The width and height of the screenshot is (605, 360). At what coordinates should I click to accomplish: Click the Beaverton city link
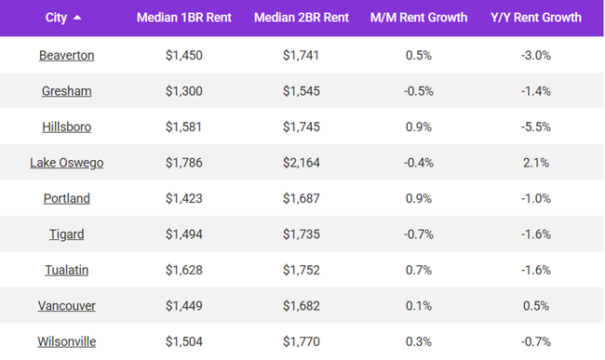pyautogui.click(x=66, y=56)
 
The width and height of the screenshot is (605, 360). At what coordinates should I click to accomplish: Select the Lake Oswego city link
pyautogui.click(x=66, y=163)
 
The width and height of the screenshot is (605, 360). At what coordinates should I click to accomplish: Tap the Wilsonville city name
pyautogui.click(x=66, y=341)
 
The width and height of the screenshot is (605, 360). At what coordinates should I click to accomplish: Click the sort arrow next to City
pyautogui.click(x=76, y=18)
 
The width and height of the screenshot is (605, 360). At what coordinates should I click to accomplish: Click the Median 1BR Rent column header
pyautogui.click(x=182, y=18)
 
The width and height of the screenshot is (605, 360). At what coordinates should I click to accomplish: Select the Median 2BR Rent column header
pyautogui.click(x=302, y=18)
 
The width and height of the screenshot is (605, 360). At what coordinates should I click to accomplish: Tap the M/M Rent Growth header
pyautogui.click(x=420, y=18)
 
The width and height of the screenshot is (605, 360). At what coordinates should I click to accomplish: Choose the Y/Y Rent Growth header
pyautogui.click(x=535, y=18)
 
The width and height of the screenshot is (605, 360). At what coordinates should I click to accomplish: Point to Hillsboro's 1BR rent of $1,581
pyautogui.click(x=182, y=127)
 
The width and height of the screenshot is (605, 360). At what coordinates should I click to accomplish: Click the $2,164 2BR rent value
pyautogui.click(x=302, y=163)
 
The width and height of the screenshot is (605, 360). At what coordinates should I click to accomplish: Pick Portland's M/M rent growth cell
pyautogui.click(x=420, y=198)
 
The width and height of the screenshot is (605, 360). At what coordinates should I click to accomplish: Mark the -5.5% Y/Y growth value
pyautogui.click(x=535, y=127)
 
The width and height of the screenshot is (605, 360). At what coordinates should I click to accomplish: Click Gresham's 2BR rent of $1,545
pyautogui.click(x=302, y=91)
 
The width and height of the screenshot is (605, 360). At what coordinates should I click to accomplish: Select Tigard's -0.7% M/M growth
pyautogui.click(x=420, y=234)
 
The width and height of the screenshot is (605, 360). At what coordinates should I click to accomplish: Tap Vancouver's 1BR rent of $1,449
pyautogui.click(x=182, y=306)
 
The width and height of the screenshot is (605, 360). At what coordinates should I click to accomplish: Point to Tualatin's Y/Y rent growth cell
pyautogui.click(x=535, y=270)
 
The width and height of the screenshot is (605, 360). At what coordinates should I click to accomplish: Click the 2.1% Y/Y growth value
pyautogui.click(x=535, y=163)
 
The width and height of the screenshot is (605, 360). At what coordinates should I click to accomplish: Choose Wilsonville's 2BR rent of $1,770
pyautogui.click(x=302, y=341)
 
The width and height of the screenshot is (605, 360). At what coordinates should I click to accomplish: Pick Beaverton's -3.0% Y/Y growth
pyautogui.click(x=535, y=56)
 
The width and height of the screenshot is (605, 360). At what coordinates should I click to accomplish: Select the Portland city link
pyautogui.click(x=66, y=198)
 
